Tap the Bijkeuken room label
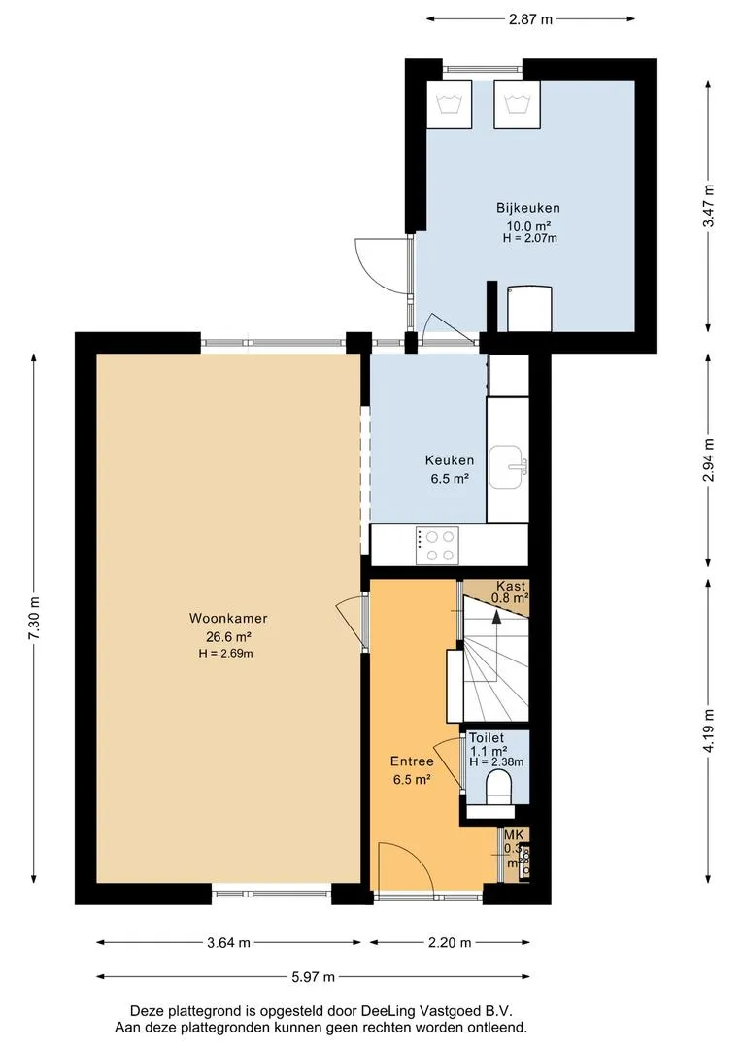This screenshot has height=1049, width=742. click(x=528, y=208)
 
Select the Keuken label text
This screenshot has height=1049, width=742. click(x=450, y=460)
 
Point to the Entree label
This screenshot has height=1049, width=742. click(x=412, y=761)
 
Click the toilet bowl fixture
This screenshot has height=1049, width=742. click(x=498, y=787)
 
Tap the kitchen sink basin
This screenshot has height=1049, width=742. click(x=508, y=466)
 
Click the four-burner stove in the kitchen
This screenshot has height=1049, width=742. click(x=437, y=546)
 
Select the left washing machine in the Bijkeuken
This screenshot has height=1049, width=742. click(x=449, y=104)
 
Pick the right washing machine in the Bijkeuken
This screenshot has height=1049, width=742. click(x=517, y=104)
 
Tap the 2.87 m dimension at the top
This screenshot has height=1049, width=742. click(x=530, y=19)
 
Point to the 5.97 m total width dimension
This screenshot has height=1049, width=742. click(x=313, y=977)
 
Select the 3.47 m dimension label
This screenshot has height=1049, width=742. click(x=708, y=205)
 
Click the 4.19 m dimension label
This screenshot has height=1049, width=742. click(x=708, y=730)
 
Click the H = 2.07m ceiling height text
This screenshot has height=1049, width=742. click(x=530, y=238)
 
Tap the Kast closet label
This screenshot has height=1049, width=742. click(x=511, y=587)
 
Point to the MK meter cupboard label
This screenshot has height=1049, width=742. click(x=514, y=835)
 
